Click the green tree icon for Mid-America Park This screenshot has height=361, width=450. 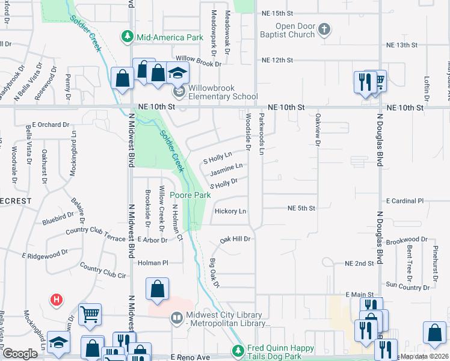coord(127,37)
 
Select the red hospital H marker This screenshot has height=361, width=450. coord(56,298)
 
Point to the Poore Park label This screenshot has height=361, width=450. coord(190,195)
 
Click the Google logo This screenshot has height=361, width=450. coord(20,354)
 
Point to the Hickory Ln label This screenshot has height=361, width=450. coord(230,211)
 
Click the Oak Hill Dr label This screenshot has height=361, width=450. coord(235,239)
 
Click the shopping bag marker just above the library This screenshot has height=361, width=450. coord(156,289)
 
